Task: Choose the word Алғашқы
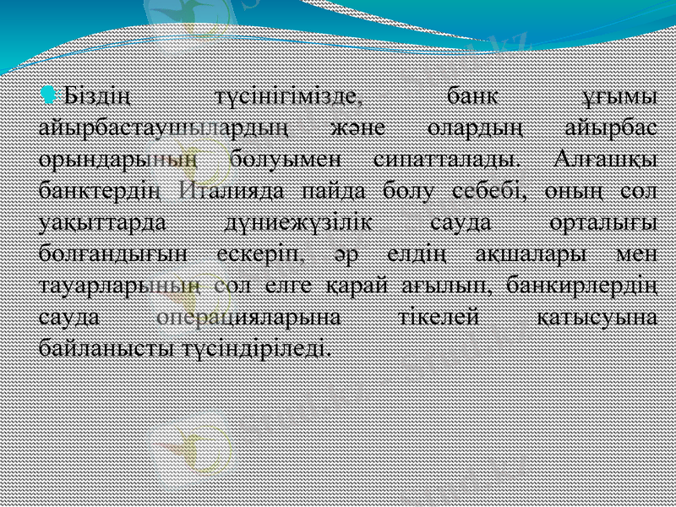[x=605, y=158]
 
